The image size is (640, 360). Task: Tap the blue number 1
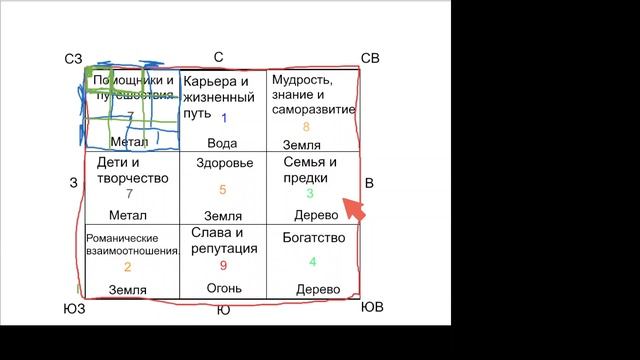224,118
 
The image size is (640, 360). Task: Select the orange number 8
306,127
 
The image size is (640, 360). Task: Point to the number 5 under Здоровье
222,190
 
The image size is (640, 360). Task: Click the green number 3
310,194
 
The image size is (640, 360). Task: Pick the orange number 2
127,267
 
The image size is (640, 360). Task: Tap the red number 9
223,265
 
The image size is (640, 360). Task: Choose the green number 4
312,262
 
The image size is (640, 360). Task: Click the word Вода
223,143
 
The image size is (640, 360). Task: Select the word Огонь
223,289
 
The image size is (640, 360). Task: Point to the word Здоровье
222,163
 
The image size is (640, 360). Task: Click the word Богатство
314,238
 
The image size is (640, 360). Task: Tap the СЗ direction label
72,60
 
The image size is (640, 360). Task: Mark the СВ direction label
370,58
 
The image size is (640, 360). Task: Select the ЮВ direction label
371,307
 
